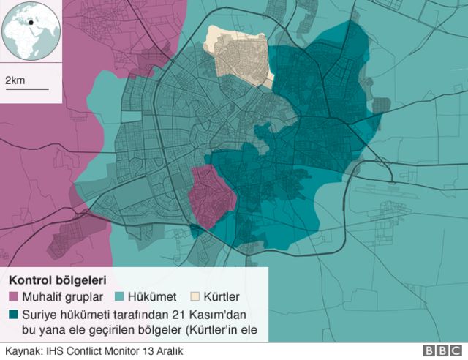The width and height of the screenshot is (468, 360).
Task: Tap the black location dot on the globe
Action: click(x=31, y=22)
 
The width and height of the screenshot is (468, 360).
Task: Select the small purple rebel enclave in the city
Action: click(x=211, y=194)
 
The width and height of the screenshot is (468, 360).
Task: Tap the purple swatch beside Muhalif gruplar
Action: click(x=14, y=297)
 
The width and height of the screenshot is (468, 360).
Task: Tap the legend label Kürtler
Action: click(x=223, y=297)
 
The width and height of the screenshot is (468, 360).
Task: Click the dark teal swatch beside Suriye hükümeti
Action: click(x=14, y=315)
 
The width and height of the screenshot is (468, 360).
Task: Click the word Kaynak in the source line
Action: click(x=21, y=351)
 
